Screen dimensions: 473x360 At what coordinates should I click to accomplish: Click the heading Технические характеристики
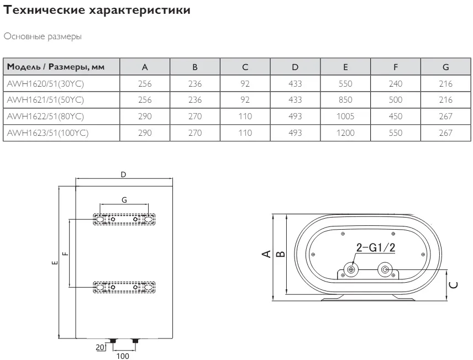pos(97,10)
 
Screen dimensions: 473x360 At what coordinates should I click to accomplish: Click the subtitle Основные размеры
pos(43,36)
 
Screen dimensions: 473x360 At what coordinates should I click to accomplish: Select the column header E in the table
pos(345,67)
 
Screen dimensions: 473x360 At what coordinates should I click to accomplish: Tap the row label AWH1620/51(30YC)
pos(45,83)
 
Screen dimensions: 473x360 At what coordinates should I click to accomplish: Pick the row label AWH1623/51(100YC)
pos(48,133)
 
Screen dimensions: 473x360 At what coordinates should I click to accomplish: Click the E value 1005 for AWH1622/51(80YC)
pos(345,117)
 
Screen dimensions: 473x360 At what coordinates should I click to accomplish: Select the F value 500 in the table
pos(396,100)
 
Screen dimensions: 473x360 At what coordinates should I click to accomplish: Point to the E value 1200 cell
pos(345,133)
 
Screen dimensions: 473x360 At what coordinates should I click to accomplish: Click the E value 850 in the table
pos(345,100)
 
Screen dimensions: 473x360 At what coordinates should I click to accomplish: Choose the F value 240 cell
pos(396,83)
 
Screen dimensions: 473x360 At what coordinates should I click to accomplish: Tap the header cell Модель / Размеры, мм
pos(55,67)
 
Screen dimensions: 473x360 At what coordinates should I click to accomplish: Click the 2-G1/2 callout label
pos(376,247)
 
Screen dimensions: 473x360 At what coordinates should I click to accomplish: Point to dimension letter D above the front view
pos(123,174)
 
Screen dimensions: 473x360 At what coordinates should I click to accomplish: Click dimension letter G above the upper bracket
pos(124,200)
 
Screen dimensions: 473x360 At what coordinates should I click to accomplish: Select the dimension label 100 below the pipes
pos(123,356)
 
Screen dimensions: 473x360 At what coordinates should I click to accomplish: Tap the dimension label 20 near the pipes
pos(100,347)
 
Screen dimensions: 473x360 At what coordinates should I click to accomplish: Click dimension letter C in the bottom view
pos(454,285)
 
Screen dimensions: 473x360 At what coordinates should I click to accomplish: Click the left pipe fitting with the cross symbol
pos(351,269)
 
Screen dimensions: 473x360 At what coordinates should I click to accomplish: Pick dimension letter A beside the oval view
pos(266,254)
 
